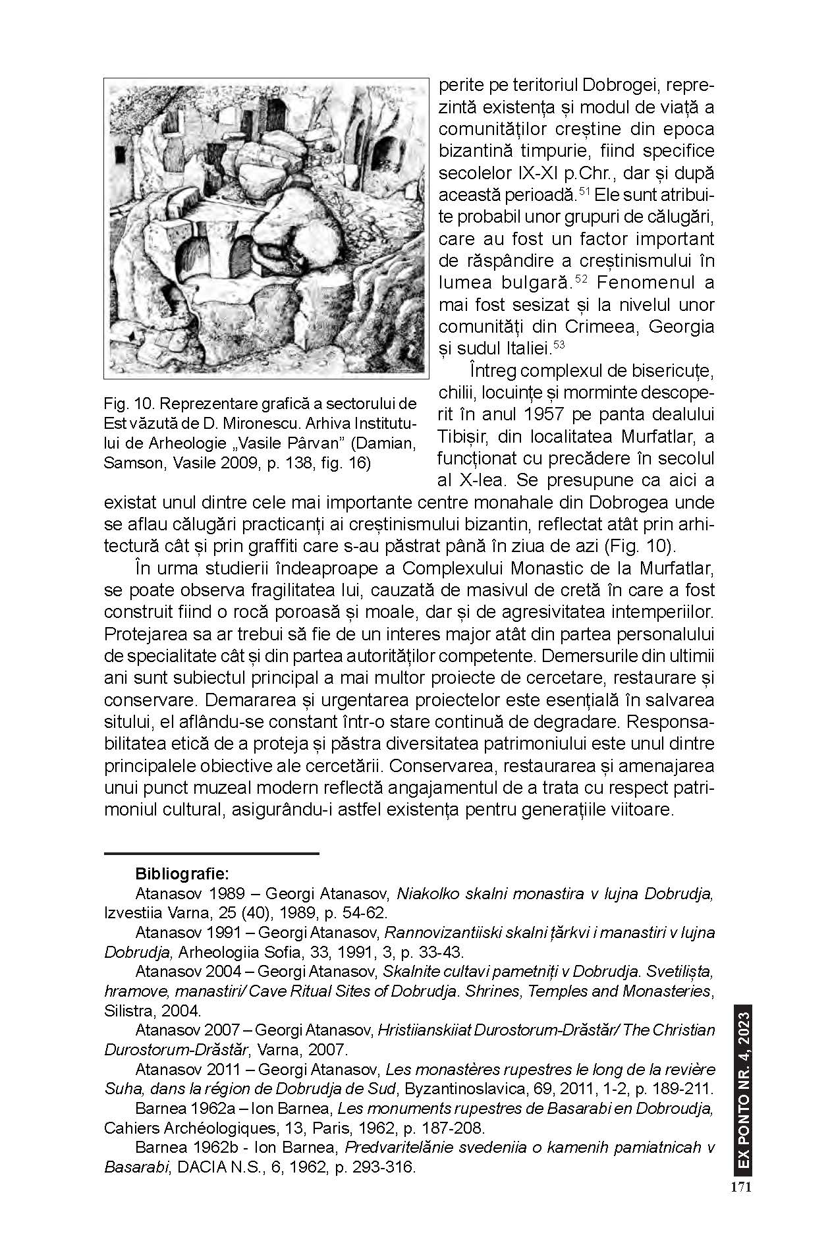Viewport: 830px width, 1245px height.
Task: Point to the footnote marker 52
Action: coord(580,279)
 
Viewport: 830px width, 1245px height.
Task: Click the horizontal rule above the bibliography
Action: coord(211,854)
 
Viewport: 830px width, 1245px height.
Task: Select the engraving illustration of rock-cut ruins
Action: coord(266,228)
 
